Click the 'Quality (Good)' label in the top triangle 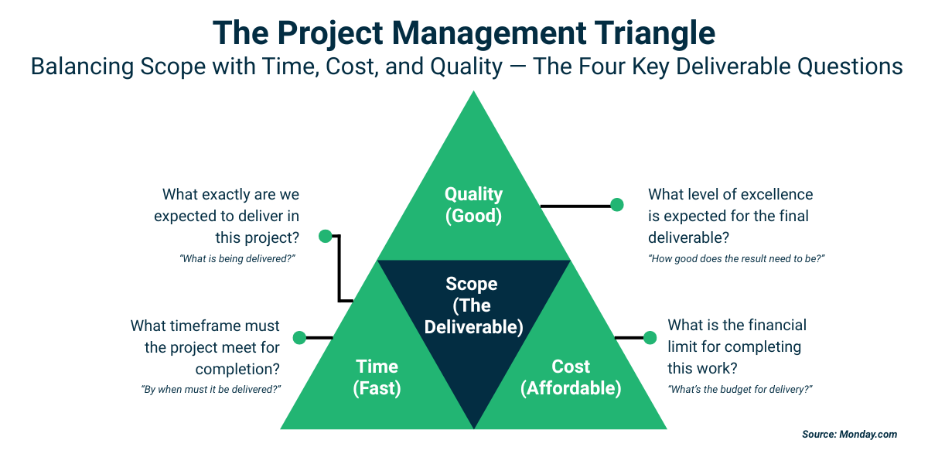coord(473,205)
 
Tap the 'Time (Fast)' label coord(377,377)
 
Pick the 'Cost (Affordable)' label coord(571,377)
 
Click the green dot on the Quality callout coord(617,205)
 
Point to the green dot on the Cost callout coord(650,337)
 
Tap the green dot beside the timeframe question coord(299,337)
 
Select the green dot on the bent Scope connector coord(326,236)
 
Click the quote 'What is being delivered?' coord(239,259)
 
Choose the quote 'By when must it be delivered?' coord(210,389)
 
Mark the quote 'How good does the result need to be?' coord(736,259)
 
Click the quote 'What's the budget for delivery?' coord(740,389)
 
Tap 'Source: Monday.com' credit coord(849,435)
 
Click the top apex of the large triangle coord(473,93)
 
